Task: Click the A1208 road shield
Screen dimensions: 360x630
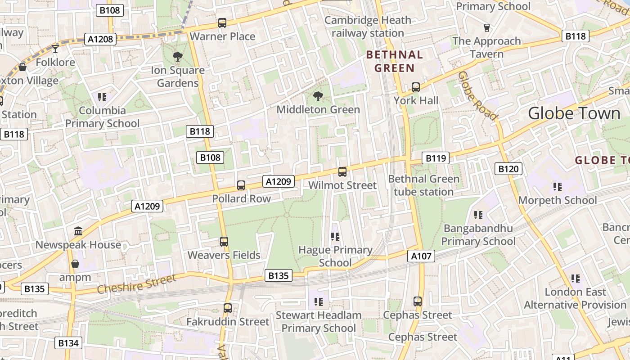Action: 100,39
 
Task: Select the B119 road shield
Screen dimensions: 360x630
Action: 436,158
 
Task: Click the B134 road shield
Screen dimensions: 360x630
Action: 68,343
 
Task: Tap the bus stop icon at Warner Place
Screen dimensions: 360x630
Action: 222,23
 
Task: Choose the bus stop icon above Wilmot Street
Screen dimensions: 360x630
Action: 342,171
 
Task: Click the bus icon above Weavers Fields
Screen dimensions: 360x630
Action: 224,242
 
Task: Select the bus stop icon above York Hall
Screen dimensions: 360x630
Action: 416,87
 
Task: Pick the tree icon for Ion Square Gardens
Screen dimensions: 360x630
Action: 178,57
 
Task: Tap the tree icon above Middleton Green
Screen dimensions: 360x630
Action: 318,96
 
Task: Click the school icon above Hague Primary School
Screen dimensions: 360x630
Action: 335,236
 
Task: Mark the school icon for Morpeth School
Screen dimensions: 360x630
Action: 558,186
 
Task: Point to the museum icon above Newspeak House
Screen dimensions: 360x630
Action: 78,231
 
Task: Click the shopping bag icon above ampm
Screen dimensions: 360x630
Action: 75,264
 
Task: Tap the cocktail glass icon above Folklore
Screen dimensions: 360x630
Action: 55,49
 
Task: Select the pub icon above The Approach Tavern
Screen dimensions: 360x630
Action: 486,28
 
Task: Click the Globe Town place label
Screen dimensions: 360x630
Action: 574,113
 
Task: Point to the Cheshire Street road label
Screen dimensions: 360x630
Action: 136,284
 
